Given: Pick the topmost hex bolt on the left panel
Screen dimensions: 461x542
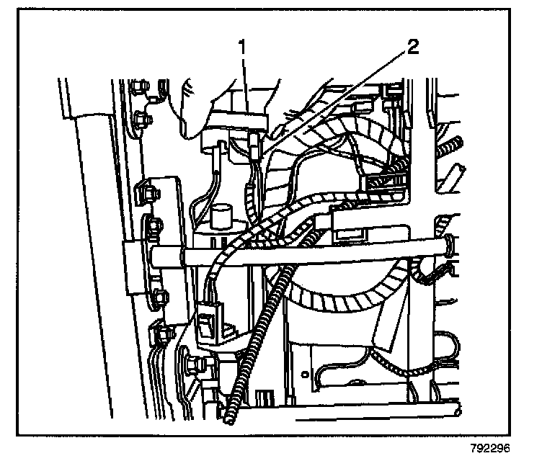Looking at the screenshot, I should (138, 90).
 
